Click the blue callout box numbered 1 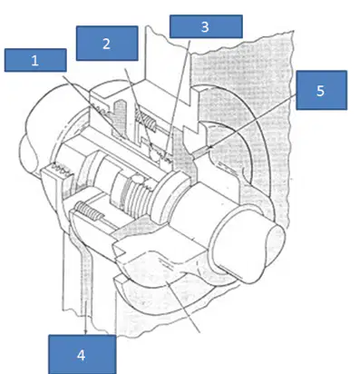[x=35, y=60]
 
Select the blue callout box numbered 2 [x=107, y=44]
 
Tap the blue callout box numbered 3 [x=206, y=26]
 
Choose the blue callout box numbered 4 [x=82, y=354]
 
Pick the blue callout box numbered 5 [x=321, y=90]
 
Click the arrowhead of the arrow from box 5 [x=211, y=146]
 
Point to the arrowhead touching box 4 [x=85, y=331]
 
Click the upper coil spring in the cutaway [x=146, y=120]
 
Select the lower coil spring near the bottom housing [x=89, y=211]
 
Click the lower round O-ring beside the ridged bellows [x=138, y=179]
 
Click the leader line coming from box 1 [x=93, y=107]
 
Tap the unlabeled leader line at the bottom [x=184, y=307]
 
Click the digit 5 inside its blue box [x=320, y=91]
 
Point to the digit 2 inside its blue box [x=106, y=44]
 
